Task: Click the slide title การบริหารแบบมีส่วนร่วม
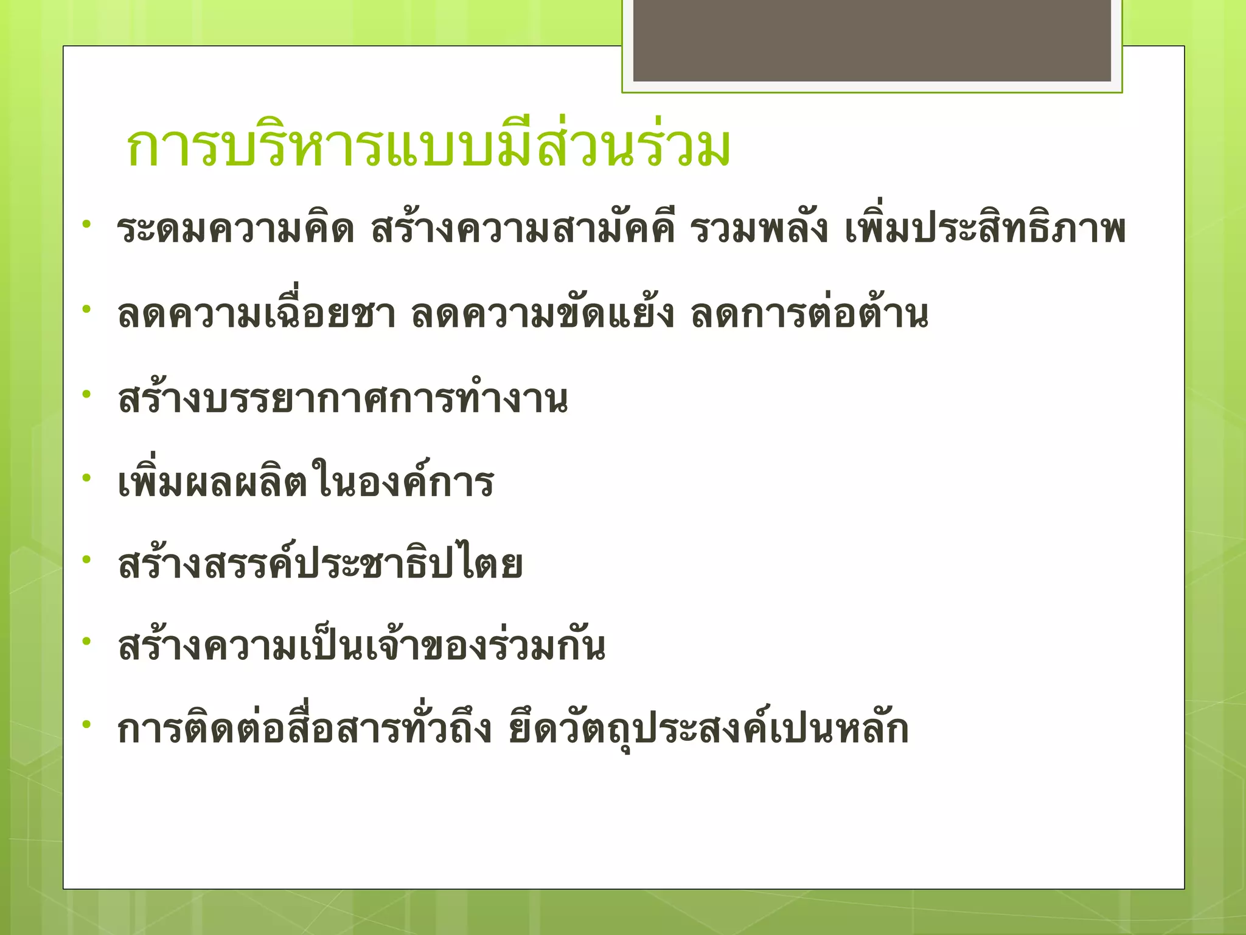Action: [428, 148]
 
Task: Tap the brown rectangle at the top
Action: [872, 40]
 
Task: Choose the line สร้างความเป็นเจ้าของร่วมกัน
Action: [362, 648]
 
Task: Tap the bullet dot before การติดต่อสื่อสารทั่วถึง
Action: [87, 724]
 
